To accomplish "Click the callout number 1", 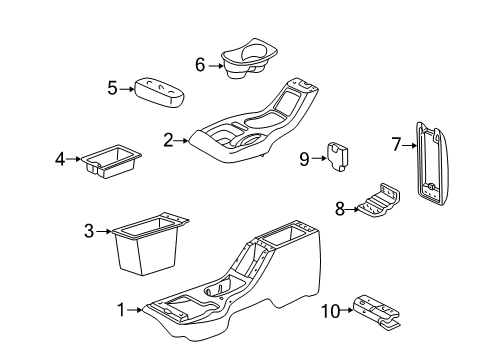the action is [121, 310].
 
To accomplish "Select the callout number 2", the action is [168, 140].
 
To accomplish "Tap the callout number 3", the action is [89, 231].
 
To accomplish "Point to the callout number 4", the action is [60, 159].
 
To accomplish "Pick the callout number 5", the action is [113, 88].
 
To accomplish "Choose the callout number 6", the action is [200, 65].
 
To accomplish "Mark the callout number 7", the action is [396, 145].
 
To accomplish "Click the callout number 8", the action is [340, 209].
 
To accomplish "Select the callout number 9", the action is [304, 159].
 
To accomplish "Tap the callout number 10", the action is [331, 312].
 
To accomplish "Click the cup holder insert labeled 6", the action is [249, 58].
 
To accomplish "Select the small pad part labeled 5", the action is [159, 93].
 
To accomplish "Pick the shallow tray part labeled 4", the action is [111, 161].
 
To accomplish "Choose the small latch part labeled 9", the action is [337, 156].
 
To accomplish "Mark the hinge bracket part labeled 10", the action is [377, 312].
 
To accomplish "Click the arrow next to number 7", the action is [409, 145].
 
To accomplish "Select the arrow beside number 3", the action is [104, 231].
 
